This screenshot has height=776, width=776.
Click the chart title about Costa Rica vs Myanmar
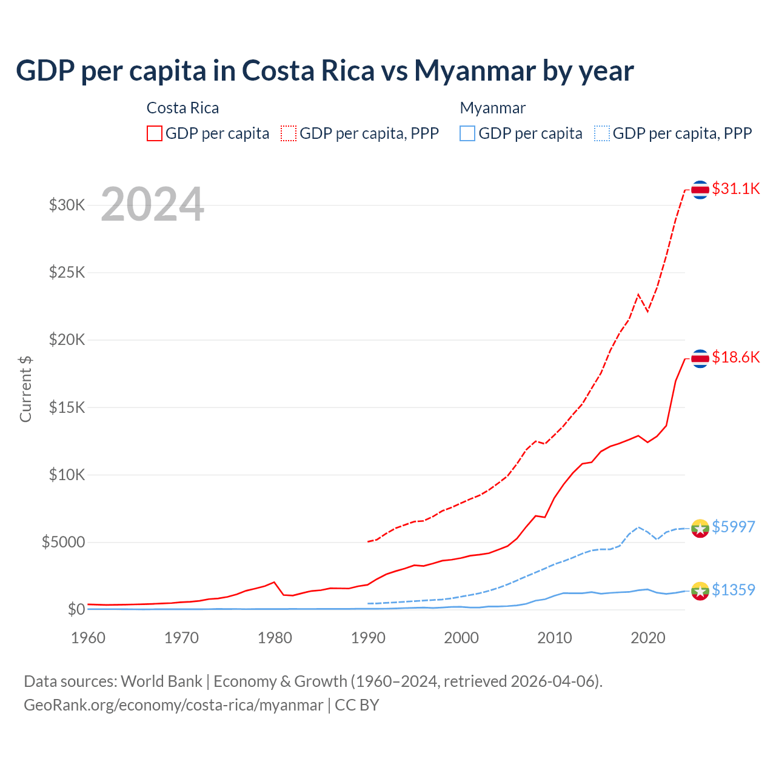[324, 71]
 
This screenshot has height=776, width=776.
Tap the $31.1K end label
[735, 189]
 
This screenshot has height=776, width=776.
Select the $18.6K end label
[735, 357]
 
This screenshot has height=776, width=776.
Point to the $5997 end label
[733, 527]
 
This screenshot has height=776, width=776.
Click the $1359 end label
[733, 590]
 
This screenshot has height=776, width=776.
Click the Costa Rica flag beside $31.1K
[700, 190]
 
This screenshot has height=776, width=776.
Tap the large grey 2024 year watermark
[152, 204]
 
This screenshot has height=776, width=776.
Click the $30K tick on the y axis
[67, 205]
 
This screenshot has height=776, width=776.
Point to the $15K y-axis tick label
[67, 407]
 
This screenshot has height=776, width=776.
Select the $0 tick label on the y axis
[76, 609]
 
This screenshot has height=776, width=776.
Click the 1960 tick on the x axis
[89, 638]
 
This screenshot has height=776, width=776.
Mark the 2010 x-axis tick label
[555, 638]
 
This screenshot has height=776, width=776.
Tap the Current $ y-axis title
[25, 389]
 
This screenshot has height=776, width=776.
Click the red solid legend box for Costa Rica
[155, 133]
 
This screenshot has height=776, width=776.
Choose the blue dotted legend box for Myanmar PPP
[602, 133]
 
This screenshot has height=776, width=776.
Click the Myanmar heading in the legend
[492, 108]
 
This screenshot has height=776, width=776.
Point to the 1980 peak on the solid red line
[275, 582]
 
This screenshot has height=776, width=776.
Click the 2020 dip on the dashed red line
[647, 311]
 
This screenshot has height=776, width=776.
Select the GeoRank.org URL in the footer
[173, 705]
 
